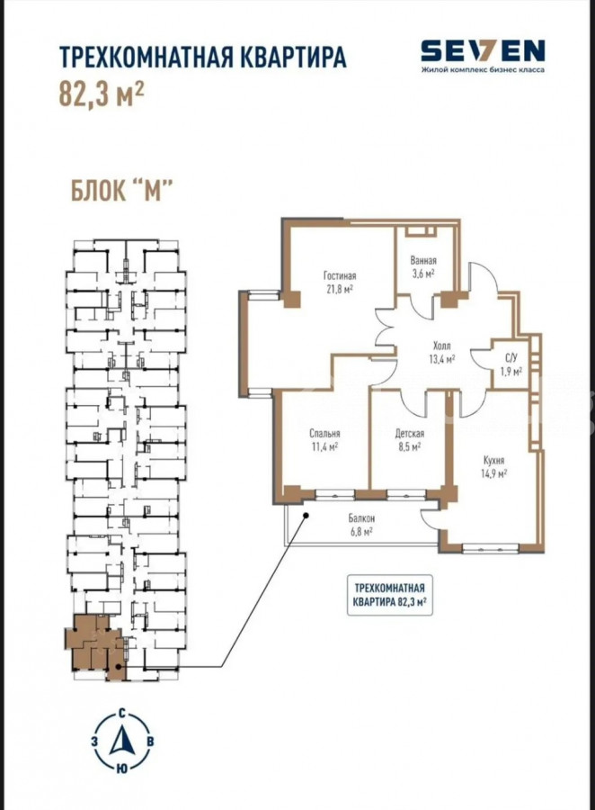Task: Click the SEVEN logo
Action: [483, 50]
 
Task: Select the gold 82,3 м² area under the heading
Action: [102, 94]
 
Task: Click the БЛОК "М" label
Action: [120, 191]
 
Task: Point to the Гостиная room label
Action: [340, 276]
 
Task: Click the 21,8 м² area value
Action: [340, 289]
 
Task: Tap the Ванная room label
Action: [423, 260]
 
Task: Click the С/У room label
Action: [511, 358]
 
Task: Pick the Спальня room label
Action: [324, 434]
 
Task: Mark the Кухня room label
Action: [493, 460]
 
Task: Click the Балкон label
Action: [361, 518]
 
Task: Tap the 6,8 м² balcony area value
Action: [361, 530]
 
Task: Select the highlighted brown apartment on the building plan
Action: [94, 645]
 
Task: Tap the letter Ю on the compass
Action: [121, 769]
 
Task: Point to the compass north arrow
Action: [122, 741]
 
